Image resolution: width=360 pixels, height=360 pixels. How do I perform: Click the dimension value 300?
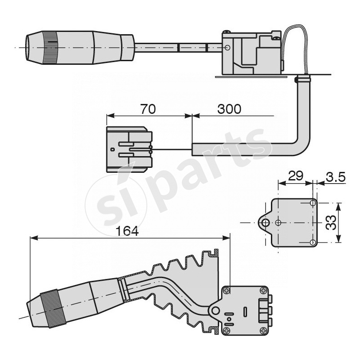pyautogui.click(x=229, y=109)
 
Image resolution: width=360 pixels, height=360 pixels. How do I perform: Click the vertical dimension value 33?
pyautogui.click(x=331, y=223)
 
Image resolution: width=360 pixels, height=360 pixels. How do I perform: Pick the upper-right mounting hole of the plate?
pyautogui.click(x=313, y=204)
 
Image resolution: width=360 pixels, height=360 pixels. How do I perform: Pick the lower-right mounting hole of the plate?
pyautogui.click(x=313, y=243)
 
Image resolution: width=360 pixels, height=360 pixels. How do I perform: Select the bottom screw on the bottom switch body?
pyautogui.click(x=226, y=330)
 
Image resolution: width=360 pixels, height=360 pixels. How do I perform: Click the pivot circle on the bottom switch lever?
pyautogui.click(x=216, y=310)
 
